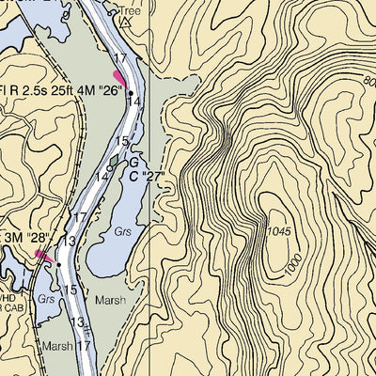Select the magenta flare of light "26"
coord(119,76)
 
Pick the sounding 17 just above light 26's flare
coord(119,59)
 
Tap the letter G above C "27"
coord(134,163)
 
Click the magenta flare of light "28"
coord(41,253)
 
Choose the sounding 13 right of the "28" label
coord(68,242)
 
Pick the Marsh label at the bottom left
coord(55,345)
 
